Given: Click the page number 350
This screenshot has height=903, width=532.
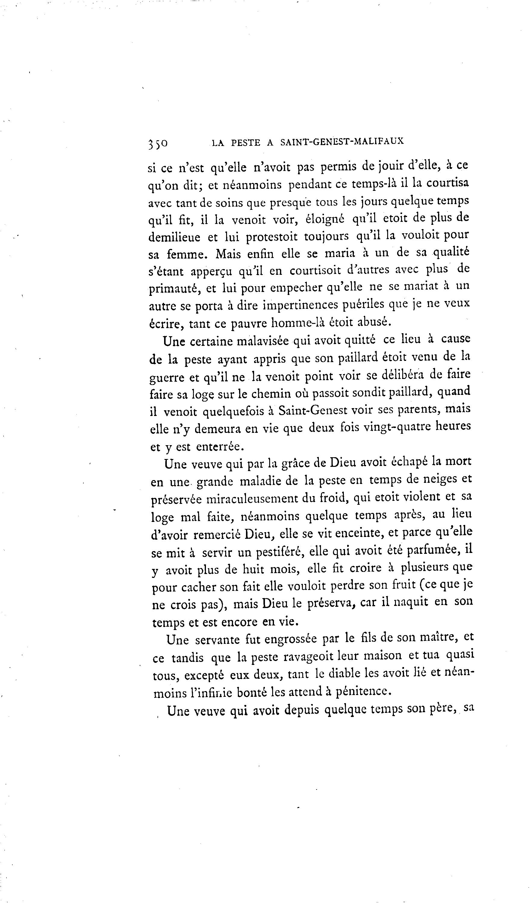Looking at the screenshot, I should [x=158, y=143].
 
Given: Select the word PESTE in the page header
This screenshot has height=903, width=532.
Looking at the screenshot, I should [x=246, y=143].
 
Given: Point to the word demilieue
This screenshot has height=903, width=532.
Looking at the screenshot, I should [x=174, y=237].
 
